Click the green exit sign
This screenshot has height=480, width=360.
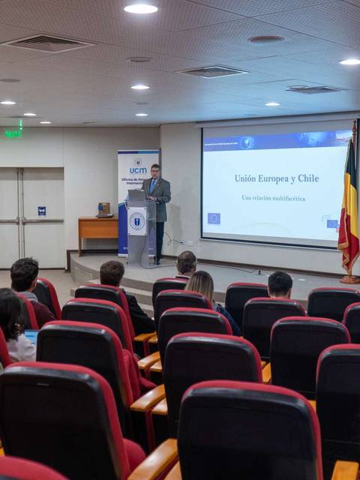pos(13,133)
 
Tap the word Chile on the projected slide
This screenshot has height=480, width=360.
pos(306,178)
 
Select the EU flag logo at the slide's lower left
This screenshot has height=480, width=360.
pos(214,218)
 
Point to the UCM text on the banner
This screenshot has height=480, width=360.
pos(138,170)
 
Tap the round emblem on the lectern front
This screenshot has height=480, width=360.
pos(136,221)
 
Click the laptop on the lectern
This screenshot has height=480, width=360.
pos(136,195)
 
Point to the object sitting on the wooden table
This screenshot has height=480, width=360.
pos(103,209)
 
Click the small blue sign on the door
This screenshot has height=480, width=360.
pos(41,211)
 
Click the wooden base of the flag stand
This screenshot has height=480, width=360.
pos(349,279)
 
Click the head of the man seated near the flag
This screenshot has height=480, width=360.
pos(280,284)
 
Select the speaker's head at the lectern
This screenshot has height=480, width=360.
pos(155,169)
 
